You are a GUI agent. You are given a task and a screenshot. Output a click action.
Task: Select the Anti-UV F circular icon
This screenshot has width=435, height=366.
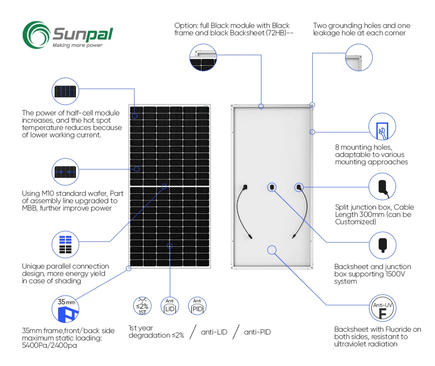tap(382, 310)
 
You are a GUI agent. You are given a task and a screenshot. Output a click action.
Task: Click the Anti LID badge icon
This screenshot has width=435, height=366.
tap(170, 306)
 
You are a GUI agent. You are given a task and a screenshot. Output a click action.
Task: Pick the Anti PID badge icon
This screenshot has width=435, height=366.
tap(197, 306)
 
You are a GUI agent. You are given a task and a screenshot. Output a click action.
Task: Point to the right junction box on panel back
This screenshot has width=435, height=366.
tap(299, 187)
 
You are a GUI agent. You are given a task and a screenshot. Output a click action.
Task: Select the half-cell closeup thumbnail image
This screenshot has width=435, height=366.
tap(65, 91)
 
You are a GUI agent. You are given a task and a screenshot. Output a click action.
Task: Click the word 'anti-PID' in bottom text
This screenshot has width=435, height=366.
tap(257, 332)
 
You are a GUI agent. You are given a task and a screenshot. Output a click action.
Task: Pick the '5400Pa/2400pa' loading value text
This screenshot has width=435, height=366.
tap(49, 345)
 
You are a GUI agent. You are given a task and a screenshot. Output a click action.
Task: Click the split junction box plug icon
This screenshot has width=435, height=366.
tap(382, 187)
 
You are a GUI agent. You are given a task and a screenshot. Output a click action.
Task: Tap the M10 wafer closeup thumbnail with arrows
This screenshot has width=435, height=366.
tap(65, 172)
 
